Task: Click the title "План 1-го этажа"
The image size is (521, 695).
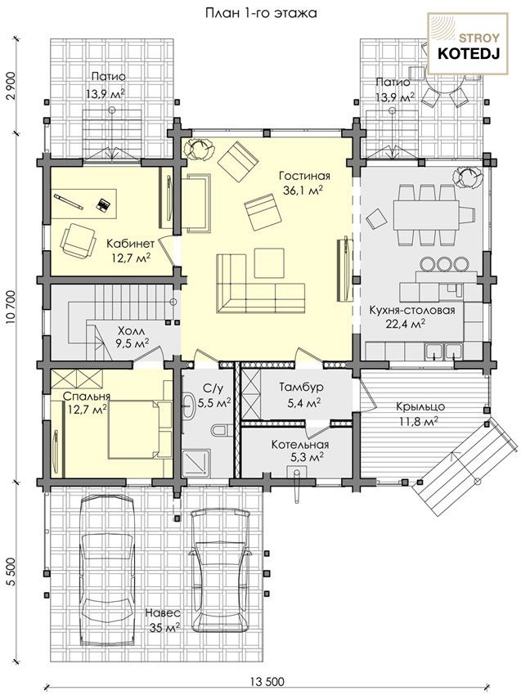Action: click(261, 13)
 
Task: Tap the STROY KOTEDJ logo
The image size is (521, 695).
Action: click(467, 43)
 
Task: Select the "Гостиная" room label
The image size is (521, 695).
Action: click(304, 176)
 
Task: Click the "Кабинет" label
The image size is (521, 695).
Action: click(130, 244)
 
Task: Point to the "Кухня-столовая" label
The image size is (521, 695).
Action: click(412, 310)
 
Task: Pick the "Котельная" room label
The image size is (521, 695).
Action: click(300, 445)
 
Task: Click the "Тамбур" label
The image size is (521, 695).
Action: click(302, 387)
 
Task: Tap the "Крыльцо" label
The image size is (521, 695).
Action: click(420, 406)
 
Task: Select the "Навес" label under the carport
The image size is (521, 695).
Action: click(163, 613)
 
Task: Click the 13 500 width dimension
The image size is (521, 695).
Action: click(267, 681)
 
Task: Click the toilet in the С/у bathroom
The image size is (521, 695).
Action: click(220, 430)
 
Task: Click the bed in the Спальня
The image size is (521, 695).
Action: click(139, 429)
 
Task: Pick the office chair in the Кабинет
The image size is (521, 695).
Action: click(78, 240)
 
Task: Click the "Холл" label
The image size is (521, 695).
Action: click(132, 331)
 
